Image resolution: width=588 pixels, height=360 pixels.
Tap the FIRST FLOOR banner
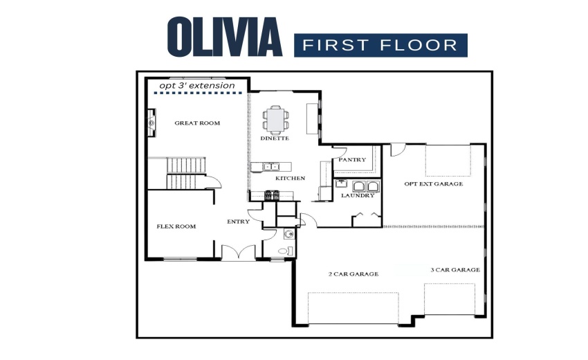(380, 46)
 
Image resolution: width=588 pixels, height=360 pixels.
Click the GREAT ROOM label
(197, 123)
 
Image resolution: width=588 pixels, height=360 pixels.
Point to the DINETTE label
(275, 138)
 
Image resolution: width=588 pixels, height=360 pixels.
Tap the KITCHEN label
(290, 179)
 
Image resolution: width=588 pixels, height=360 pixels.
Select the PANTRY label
(352, 160)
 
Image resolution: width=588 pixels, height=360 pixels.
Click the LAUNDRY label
(358, 195)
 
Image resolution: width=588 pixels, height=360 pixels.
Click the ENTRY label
(238, 222)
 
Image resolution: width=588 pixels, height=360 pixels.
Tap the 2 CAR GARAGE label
(353, 274)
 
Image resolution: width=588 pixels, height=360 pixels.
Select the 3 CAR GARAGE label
(455, 270)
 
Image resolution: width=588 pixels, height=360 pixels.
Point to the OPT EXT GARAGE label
(434, 184)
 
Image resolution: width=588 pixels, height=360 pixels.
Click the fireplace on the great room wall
(150, 123)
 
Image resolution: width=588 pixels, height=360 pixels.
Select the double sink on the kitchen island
(270, 166)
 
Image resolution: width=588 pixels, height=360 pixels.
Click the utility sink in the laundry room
(340, 184)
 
